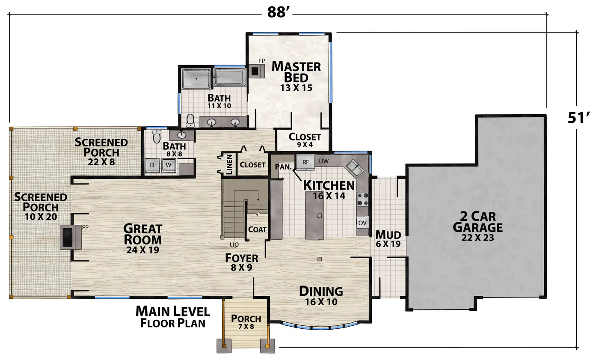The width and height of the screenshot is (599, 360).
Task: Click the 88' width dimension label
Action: coord(279,12)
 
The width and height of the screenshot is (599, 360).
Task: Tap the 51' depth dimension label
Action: coord(578,118)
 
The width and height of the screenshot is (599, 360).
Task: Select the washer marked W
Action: coord(169,165)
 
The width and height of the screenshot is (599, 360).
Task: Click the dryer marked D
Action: coord(152,165)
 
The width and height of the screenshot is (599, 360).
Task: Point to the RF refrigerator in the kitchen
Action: coord(305,162)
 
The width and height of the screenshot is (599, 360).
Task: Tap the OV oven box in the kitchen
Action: coord(362,223)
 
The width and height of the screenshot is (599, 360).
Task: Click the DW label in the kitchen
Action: coord(323,161)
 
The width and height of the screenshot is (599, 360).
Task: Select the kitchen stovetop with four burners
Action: coord(363,199)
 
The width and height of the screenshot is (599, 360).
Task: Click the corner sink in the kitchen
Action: coord(355,168)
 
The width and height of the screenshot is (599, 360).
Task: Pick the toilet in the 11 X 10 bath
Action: coord(190,121)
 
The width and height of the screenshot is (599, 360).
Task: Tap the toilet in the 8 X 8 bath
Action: coord(157,137)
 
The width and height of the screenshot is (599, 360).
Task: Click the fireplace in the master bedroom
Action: coord(256,71)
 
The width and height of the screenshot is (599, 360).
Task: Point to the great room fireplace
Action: coord(71,237)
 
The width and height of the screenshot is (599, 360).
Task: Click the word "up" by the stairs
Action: coord(234,244)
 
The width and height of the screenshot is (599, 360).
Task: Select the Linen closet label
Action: coord(229,164)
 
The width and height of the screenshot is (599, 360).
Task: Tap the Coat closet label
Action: coord(257,229)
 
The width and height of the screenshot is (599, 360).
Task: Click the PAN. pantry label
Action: coord(283,167)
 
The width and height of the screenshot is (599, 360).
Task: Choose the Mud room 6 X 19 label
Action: coord(388,239)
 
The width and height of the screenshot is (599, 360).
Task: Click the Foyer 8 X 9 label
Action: coord(241,262)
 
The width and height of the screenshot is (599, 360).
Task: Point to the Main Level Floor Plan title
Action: coord(173,317)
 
